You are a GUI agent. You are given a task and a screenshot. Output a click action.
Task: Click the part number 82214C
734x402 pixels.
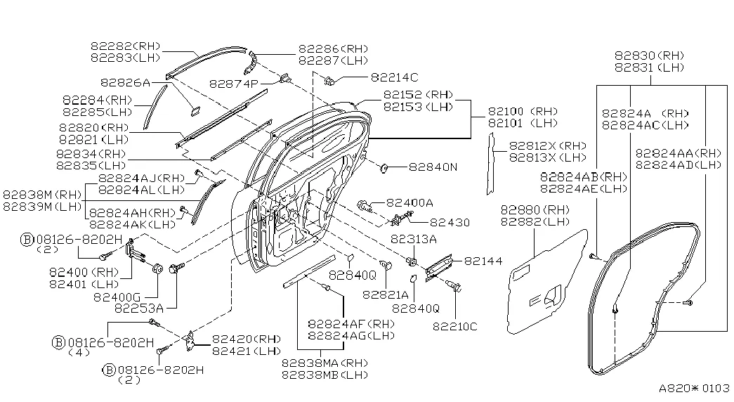394,77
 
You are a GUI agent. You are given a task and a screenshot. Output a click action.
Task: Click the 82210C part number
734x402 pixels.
454,325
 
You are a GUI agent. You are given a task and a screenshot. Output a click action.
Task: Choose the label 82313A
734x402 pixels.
414,239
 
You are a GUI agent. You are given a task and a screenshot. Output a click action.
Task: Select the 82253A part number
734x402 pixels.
139,308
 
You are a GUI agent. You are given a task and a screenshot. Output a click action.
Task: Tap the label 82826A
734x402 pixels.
126,82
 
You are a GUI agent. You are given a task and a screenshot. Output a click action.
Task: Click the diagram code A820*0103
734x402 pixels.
694,388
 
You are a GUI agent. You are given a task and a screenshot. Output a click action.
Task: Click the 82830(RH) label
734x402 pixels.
648,56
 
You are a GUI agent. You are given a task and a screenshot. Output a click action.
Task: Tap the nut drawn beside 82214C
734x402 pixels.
329,81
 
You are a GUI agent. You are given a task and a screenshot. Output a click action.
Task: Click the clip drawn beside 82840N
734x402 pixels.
385,169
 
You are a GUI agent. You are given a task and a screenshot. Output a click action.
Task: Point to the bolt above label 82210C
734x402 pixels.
457,287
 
